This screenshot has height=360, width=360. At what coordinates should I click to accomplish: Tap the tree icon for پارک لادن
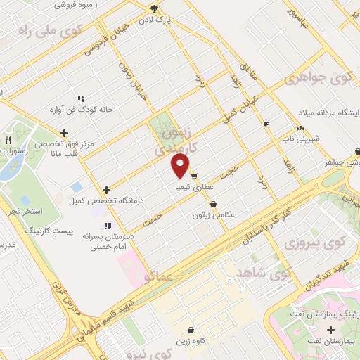(154, 8)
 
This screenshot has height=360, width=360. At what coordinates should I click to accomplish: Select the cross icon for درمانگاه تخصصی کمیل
(106, 190)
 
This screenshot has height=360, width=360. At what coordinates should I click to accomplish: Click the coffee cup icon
(266, 124)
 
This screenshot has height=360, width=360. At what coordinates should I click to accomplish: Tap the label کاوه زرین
(191, 341)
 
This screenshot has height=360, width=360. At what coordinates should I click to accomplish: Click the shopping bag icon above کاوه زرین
(191, 329)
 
